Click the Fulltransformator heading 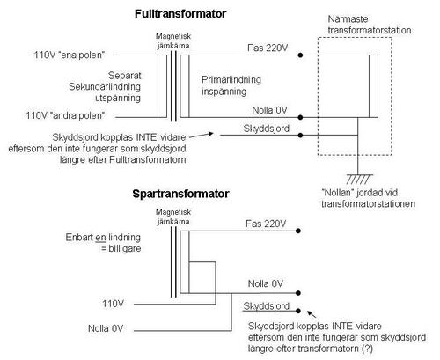tap(180, 14)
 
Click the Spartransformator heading tap(180, 194)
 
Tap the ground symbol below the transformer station tap(359, 179)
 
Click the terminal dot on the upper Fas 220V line tap(300, 55)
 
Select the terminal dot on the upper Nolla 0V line tap(300, 117)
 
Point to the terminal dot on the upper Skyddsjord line tap(300, 136)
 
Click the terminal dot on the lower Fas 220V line tap(298, 231)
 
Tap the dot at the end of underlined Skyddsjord tap(298, 311)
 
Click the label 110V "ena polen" tap(70, 55)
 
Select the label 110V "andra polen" tap(65, 115)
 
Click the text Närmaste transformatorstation tap(369, 25)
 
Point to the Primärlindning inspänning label tap(231, 85)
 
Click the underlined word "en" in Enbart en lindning tap(100, 238)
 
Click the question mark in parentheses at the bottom tap(367, 349)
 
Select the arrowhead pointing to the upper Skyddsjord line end tap(210, 134)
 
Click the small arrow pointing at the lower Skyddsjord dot tap(312, 314)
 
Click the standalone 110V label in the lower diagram tap(113, 304)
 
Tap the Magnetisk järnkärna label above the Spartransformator tap(173, 217)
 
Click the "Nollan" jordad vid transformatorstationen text tap(368, 198)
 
